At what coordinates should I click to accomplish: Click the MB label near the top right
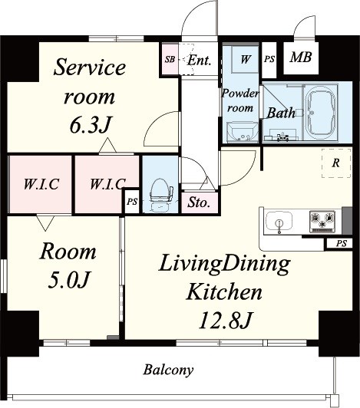[301, 58]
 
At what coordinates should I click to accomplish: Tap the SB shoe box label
[170, 59]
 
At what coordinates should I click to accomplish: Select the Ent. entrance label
[199, 60]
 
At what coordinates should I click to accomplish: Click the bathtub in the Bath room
[321, 113]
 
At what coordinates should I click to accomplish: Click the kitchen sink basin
[279, 222]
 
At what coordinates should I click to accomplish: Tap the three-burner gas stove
[322, 221]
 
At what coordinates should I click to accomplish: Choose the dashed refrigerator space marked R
[336, 163]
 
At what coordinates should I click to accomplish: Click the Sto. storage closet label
[199, 202]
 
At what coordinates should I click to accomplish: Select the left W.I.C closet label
[41, 184]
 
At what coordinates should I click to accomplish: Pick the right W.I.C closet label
[107, 184]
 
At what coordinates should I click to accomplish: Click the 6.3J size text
[91, 125]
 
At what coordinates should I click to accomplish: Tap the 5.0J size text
[69, 280]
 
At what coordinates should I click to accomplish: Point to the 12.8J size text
[225, 321]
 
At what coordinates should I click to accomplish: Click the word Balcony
[168, 370]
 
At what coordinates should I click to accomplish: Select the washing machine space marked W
[245, 60]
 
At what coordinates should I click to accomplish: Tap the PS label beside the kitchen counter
[342, 244]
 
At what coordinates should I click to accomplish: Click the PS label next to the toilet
[132, 202]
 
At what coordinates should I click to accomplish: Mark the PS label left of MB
[269, 59]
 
